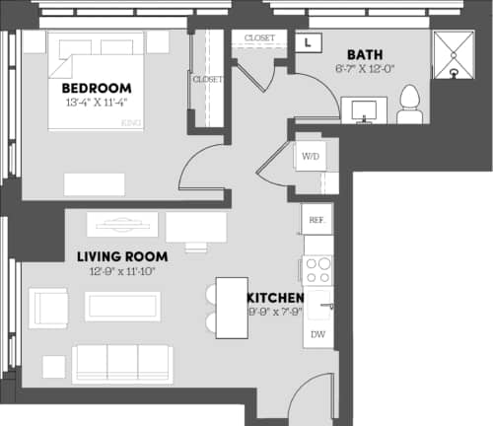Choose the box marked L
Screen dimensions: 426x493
point(308,42)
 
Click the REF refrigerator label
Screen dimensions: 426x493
point(317,220)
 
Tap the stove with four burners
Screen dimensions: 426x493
point(317,269)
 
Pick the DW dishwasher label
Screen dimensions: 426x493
point(317,335)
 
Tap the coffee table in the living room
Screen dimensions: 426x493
point(122,306)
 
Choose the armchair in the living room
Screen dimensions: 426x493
point(47,307)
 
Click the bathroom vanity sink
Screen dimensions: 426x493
point(366,109)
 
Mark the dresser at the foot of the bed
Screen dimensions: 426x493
point(95,184)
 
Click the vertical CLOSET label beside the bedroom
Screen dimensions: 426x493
point(208,79)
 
